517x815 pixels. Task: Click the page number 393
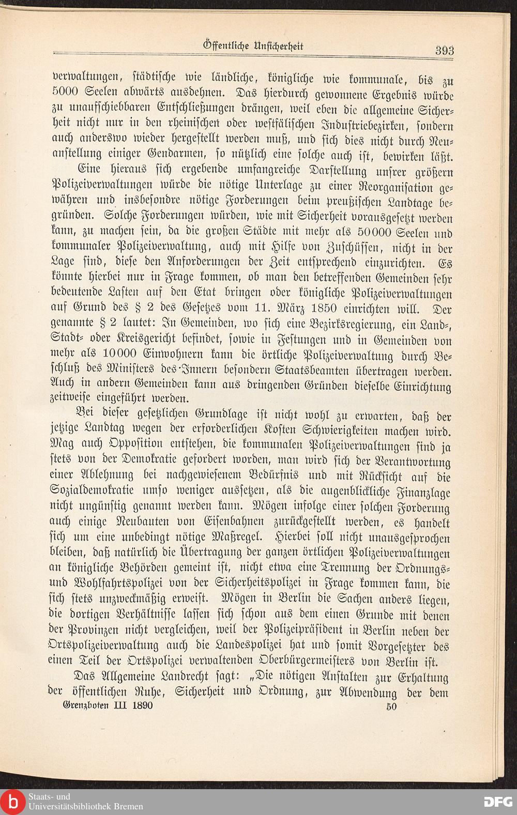444,50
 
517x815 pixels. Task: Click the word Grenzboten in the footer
84,706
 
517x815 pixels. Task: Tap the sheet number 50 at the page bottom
391,706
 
